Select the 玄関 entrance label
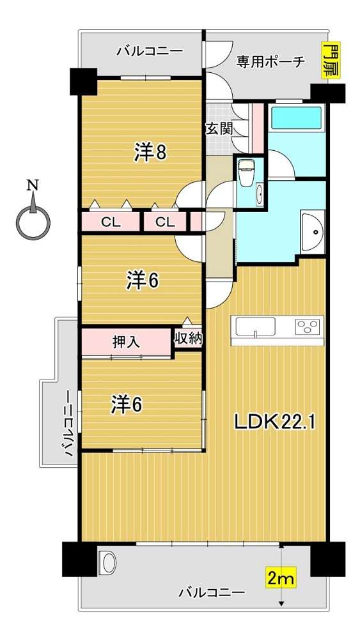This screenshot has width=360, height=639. (x=219, y=129)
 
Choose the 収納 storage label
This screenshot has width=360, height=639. (x=189, y=338)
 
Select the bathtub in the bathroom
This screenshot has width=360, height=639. (x=297, y=118)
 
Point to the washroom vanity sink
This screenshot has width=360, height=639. (x=313, y=231)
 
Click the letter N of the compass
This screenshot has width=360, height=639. (x=32, y=185)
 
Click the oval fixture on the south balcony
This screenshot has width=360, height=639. (x=107, y=562)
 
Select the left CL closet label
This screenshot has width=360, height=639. (x=110, y=222)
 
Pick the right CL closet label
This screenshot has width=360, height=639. (x=165, y=222)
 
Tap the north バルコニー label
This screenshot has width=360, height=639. (x=150, y=51)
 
